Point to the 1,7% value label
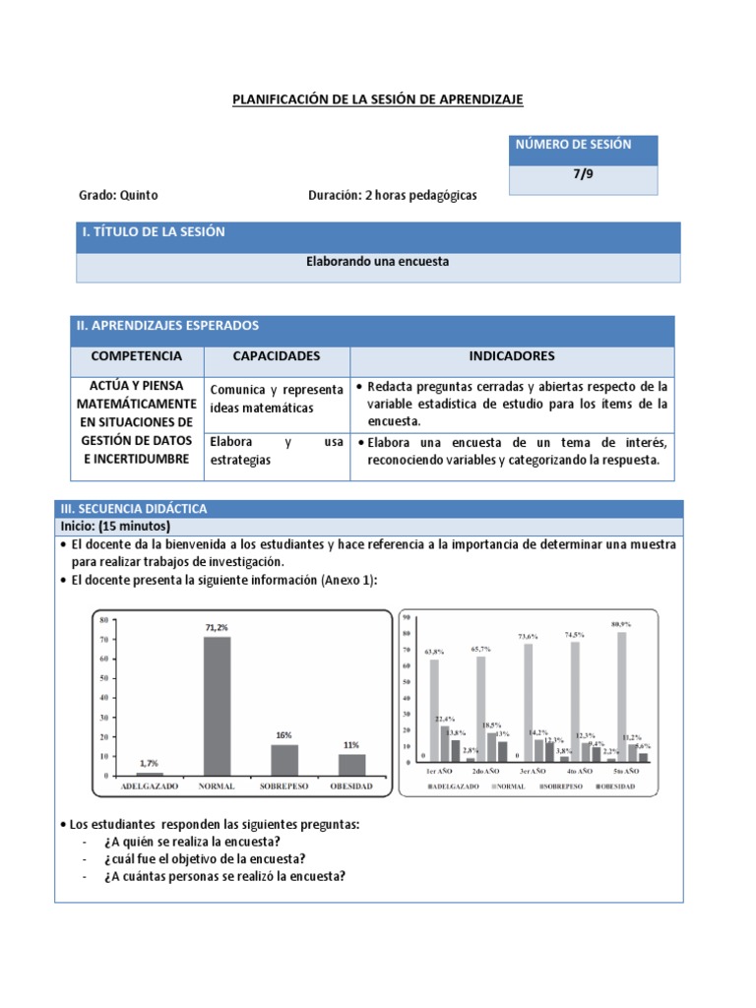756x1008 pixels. (149, 762)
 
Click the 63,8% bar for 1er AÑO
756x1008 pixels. (434, 710)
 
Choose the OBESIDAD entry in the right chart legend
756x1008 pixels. (617, 787)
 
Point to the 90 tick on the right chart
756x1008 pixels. (405, 616)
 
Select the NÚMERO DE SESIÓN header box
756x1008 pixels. (583, 146)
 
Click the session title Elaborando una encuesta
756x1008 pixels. (377, 262)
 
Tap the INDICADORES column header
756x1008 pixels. (512, 355)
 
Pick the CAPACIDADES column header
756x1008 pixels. (276, 355)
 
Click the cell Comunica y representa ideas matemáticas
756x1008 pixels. (276, 399)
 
